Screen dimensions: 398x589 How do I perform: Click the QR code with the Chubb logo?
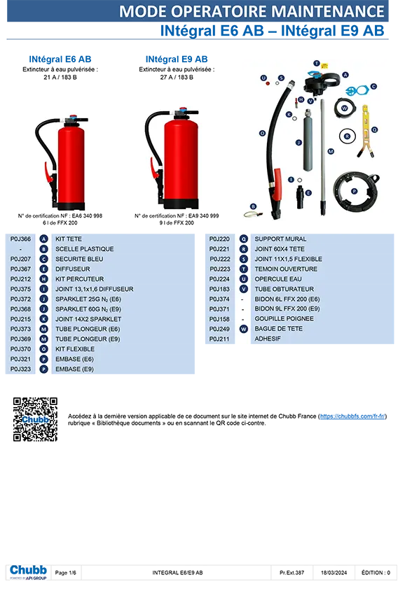click(x=35, y=419)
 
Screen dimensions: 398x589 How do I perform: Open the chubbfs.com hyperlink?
click(x=352, y=416)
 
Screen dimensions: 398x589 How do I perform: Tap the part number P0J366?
click(x=21, y=239)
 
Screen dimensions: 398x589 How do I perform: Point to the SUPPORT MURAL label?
click(x=280, y=239)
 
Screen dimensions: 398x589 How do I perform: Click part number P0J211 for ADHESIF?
click(x=219, y=339)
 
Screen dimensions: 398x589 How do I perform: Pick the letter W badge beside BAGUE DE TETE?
click(x=244, y=329)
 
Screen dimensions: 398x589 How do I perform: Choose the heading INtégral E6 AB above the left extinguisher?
click(x=60, y=59)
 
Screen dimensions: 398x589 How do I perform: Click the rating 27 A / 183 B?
click(x=177, y=78)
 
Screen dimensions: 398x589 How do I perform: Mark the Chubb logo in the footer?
click(x=28, y=572)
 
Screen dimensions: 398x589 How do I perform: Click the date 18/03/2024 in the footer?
click(x=334, y=573)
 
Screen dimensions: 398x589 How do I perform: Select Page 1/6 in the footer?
click(x=65, y=573)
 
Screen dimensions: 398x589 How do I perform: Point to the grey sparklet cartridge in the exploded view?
click(x=308, y=140)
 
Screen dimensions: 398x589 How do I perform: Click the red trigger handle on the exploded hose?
click(x=277, y=184)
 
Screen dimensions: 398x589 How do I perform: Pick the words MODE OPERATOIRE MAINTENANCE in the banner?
click(x=252, y=12)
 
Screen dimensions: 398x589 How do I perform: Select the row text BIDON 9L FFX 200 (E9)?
click(x=287, y=308)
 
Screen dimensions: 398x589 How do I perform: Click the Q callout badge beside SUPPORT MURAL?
click(x=244, y=239)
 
